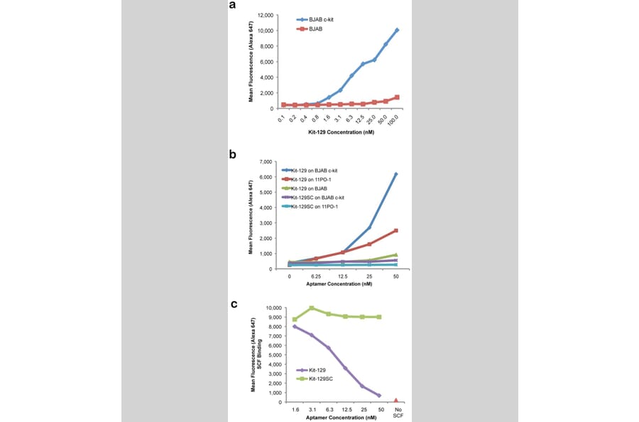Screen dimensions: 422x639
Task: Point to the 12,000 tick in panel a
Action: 264,15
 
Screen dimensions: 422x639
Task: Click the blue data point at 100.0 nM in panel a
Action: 397,30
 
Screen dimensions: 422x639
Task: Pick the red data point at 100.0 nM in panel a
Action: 397,97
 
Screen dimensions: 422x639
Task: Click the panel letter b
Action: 232,153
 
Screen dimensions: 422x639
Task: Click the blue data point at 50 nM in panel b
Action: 395,174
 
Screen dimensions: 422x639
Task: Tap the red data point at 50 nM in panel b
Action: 395,230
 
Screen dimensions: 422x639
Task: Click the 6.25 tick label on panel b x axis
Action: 316,276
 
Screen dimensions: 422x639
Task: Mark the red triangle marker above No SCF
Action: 395,401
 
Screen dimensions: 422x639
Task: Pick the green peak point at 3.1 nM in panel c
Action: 312,308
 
